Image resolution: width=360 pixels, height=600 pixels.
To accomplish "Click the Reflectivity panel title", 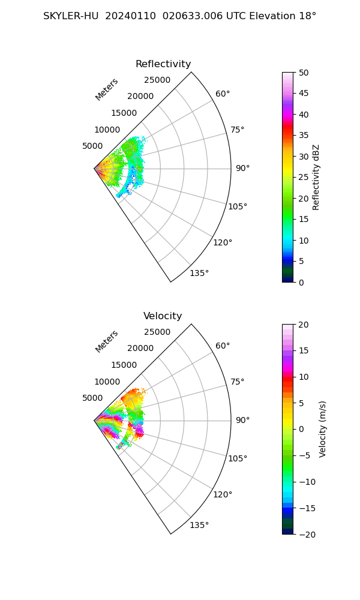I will pyautogui.click(x=163, y=64).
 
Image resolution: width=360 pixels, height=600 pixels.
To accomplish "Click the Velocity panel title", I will pyautogui.click(x=163, y=316).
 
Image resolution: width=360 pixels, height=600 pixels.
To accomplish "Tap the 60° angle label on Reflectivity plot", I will pyautogui.click(x=223, y=94).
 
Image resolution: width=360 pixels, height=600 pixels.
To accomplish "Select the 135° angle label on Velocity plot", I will pyautogui.click(x=199, y=525).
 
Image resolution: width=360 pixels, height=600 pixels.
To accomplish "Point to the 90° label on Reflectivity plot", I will pyautogui.click(x=242, y=168).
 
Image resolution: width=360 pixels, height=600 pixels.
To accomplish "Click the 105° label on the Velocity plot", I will pyautogui.click(x=238, y=458).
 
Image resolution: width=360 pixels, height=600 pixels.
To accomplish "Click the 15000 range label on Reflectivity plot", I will pyautogui.click(x=124, y=113).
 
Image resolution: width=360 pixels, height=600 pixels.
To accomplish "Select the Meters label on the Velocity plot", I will pyautogui.click(x=107, y=341).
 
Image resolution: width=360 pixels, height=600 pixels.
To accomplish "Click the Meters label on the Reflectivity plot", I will pyautogui.click(x=107, y=89).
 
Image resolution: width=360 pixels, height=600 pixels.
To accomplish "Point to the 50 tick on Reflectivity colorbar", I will pyautogui.click(x=304, y=73).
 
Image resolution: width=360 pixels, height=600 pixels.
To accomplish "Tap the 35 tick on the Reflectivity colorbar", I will pyautogui.click(x=304, y=136).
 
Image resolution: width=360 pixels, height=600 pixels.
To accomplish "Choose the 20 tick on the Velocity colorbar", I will pyautogui.click(x=304, y=325).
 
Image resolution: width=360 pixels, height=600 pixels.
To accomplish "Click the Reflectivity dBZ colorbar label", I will pyautogui.click(x=317, y=177).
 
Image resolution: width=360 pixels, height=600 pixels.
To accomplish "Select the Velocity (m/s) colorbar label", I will pyautogui.click(x=323, y=429).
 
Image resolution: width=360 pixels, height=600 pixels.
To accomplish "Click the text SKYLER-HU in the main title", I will pyautogui.click(x=71, y=16).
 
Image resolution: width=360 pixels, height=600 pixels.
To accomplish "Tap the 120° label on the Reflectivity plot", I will pyautogui.click(x=223, y=242).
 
